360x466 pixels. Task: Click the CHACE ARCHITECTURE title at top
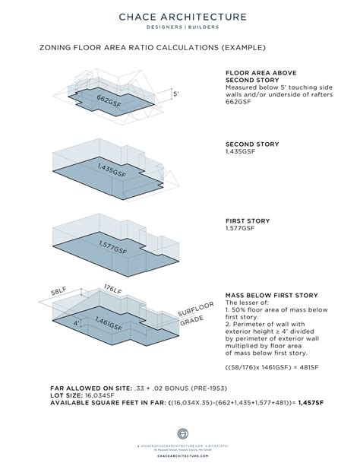180,14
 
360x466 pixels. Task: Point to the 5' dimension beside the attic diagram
176,94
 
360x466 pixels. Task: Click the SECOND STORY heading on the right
253,144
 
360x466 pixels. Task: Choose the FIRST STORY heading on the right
248,220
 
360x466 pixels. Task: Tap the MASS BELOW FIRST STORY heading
272,293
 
